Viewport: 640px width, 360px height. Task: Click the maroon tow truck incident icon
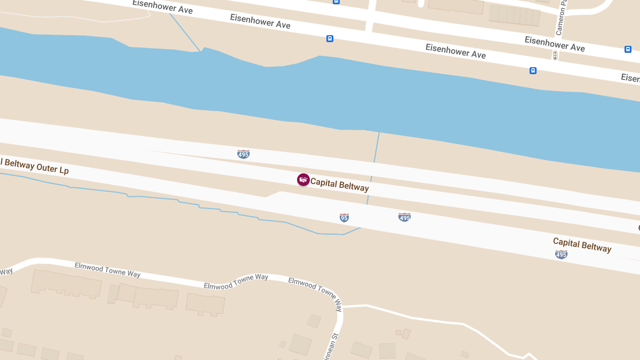303,180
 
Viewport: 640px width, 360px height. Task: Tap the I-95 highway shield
344,218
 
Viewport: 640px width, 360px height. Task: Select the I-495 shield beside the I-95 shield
404,217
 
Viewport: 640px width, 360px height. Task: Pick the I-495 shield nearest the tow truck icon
243,154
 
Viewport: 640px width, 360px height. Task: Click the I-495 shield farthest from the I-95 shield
561,255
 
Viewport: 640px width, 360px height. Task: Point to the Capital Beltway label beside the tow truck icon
340,185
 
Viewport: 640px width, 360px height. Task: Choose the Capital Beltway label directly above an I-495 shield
582,245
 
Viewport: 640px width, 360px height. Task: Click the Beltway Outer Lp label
34,165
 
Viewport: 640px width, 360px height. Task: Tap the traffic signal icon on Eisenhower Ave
555,55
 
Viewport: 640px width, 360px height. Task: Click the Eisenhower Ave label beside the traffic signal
555,44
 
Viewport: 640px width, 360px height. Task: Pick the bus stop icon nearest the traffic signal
533,70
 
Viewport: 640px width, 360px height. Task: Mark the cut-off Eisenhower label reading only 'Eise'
630,78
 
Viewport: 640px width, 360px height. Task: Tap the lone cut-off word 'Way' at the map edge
6,271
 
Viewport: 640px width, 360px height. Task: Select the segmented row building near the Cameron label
514,15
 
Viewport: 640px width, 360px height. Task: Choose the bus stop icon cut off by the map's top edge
336,2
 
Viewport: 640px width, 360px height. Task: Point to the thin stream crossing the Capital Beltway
371,171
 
